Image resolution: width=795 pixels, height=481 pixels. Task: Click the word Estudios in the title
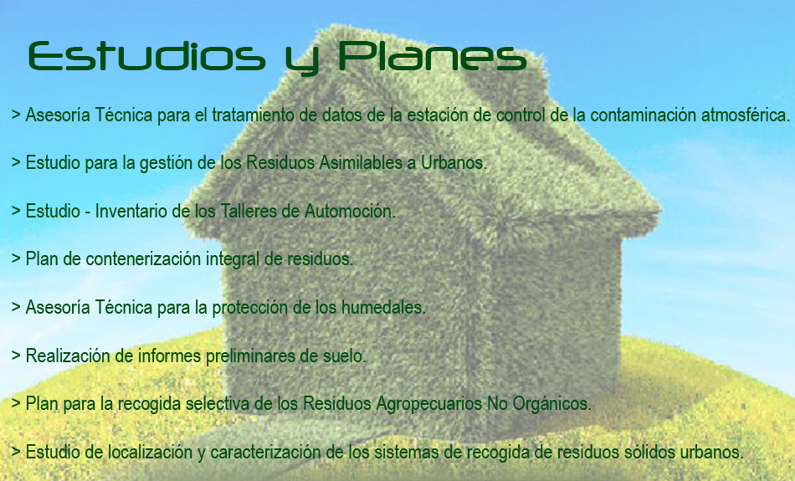[146, 56]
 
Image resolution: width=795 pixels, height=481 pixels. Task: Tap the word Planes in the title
[433, 56]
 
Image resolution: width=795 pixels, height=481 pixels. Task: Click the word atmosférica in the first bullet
[746, 115]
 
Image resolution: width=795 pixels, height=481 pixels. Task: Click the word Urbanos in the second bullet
[454, 162]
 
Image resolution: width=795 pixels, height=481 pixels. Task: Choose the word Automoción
[350, 211]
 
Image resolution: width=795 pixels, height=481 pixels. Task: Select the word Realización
[68, 356]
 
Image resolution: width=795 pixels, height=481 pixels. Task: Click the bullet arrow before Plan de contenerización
[16, 258]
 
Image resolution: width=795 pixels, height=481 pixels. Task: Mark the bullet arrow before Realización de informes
[16, 355]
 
